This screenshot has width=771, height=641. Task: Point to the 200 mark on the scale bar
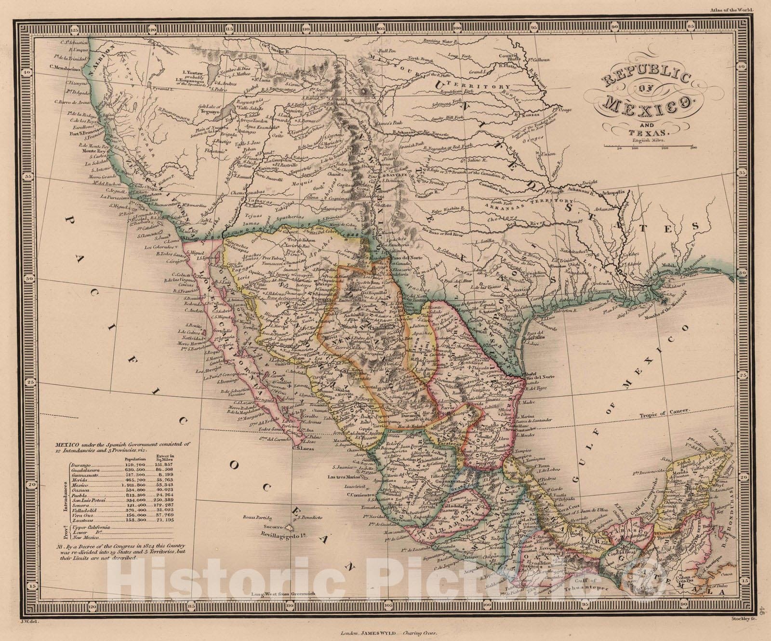click(x=665, y=149)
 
